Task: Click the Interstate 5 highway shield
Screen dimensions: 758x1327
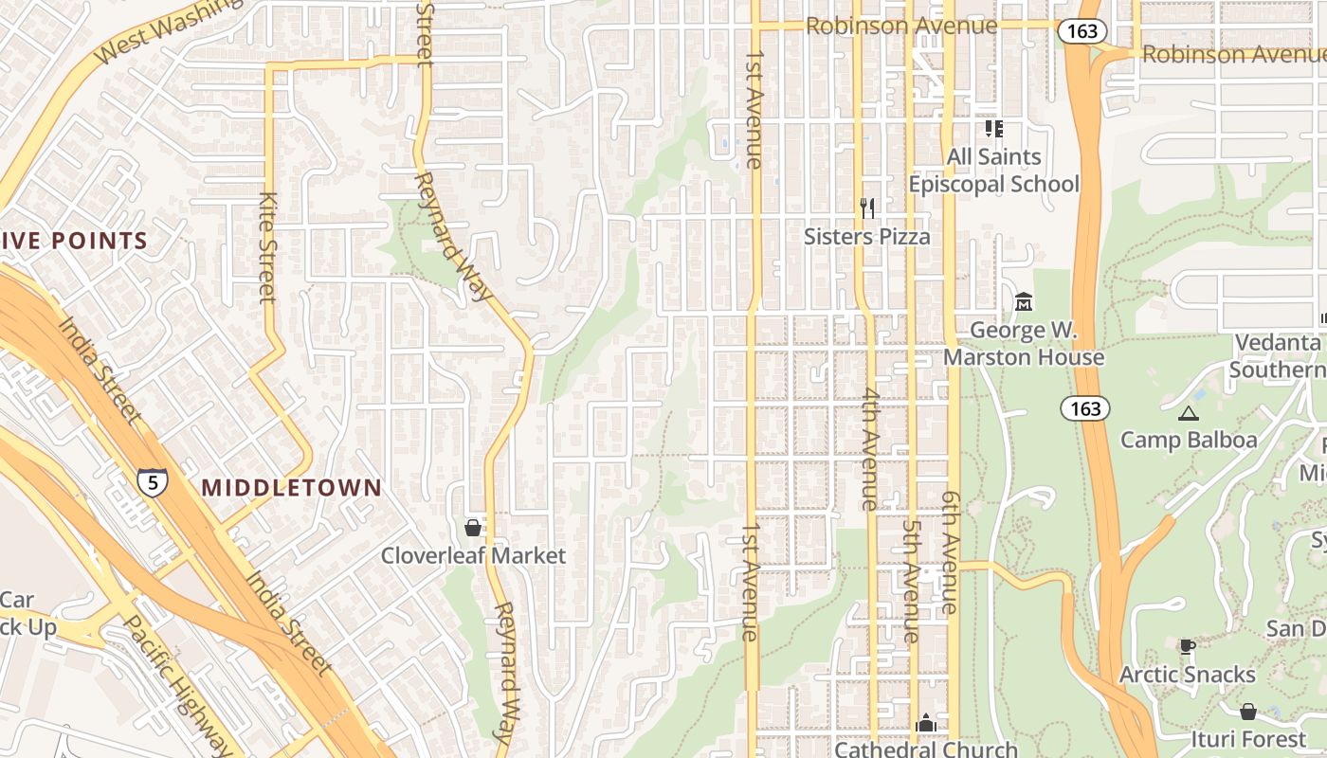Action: pos(152,482)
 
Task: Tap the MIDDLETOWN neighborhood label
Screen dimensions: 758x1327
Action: pos(292,488)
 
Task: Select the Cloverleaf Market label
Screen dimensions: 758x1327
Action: pos(473,556)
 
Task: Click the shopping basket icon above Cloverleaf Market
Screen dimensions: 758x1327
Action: pos(473,528)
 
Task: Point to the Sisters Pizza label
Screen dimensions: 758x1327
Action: pos(866,236)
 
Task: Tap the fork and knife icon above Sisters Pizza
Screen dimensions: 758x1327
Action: pos(866,208)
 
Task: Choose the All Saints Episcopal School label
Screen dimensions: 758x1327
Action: pos(993,170)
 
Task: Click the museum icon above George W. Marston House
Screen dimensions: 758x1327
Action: pos(1024,302)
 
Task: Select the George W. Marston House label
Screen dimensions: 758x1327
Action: pos(1024,344)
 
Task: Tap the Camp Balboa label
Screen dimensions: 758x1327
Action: pos(1189,440)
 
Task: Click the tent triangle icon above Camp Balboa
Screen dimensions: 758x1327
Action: pos(1188,413)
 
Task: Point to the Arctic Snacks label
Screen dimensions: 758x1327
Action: pos(1187,675)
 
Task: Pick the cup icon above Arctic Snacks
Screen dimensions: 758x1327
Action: pos(1187,646)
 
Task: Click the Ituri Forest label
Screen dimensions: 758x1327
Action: pos(1248,738)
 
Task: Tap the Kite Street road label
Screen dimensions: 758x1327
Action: pos(267,248)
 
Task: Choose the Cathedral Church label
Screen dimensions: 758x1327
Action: pos(925,749)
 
